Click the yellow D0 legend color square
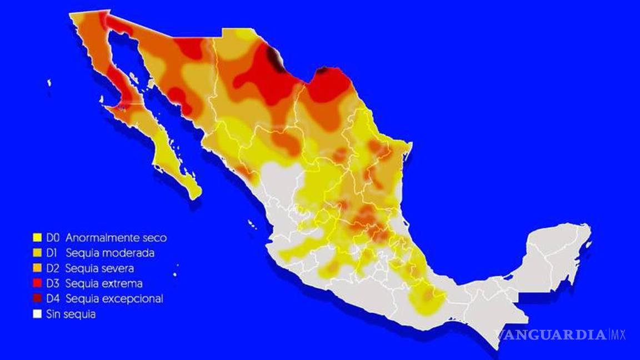click(x=37, y=238)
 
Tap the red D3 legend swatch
click(x=37, y=283)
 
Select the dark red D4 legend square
click(x=37, y=298)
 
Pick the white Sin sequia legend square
click(x=37, y=314)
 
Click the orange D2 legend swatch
click(x=37, y=268)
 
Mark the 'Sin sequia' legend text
click(x=72, y=314)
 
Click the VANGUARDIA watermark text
click(x=551, y=334)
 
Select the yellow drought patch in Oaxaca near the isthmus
click(x=425, y=300)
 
